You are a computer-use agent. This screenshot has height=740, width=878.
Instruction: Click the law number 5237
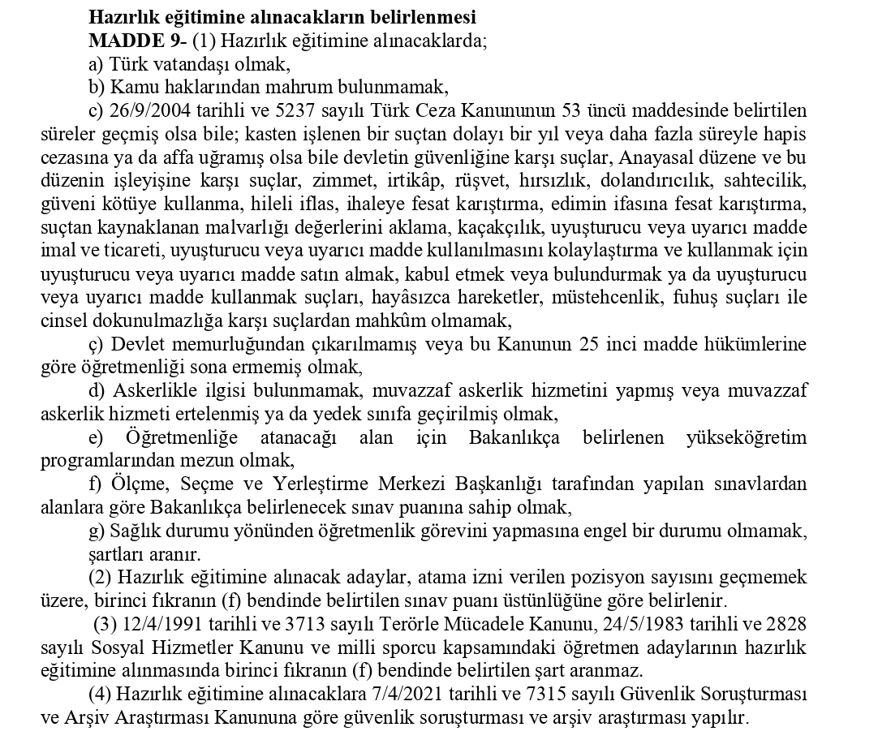click(x=256, y=110)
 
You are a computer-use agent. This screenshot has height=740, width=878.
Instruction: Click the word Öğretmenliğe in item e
click(x=182, y=438)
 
